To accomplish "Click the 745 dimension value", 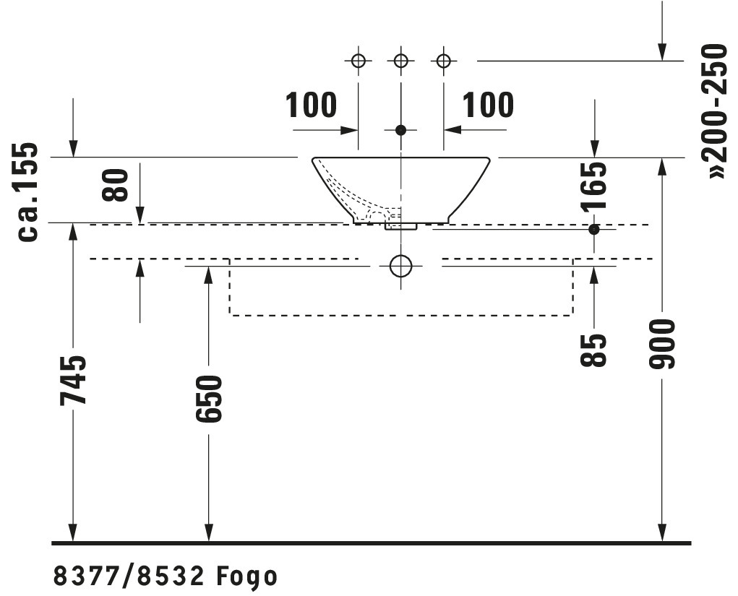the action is click(73, 380).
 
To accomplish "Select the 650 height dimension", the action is click(208, 399).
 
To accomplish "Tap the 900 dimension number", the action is click(662, 344).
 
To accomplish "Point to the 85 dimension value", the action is click(593, 350).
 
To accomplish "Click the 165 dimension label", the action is click(594, 186).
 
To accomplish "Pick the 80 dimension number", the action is click(116, 186).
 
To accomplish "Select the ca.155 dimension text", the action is click(27, 192).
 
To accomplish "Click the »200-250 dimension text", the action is click(714, 111).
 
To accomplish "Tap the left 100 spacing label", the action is click(311, 105).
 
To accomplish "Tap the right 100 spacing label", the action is click(488, 105).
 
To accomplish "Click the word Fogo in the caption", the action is click(246, 576).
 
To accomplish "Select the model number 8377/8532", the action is click(129, 576).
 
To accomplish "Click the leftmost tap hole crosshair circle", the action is click(359, 61).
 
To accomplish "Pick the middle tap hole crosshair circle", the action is click(401, 61).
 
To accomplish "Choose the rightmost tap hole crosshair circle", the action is click(443, 61).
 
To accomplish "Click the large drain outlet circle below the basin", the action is click(401, 267).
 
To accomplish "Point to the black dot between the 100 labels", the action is click(401, 130).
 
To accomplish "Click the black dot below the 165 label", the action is click(594, 230).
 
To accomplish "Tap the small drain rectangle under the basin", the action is click(401, 227).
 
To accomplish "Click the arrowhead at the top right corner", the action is click(662, 52).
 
